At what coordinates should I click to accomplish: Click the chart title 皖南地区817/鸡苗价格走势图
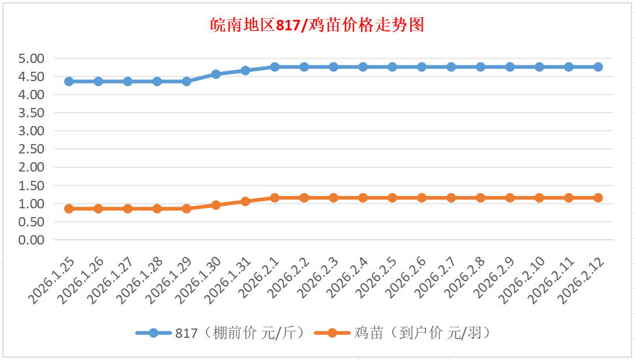click(x=317, y=26)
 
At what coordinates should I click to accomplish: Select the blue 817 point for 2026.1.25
click(x=69, y=81)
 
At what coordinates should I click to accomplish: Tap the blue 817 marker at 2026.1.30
click(x=216, y=74)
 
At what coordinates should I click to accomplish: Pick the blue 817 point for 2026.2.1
click(x=275, y=67)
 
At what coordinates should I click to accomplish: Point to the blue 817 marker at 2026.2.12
click(x=598, y=67)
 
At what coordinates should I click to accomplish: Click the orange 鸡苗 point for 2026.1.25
click(x=69, y=208)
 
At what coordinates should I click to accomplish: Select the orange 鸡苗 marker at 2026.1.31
click(x=245, y=201)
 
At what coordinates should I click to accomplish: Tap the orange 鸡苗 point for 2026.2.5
click(x=392, y=198)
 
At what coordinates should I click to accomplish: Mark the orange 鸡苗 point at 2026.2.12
click(x=598, y=198)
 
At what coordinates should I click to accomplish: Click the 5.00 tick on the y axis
click(x=32, y=58)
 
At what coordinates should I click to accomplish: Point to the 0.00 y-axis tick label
click(x=32, y=240)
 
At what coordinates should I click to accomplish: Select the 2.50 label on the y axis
click(x=32, y=149)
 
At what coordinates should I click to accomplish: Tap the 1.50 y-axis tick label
click(x=32, y=186)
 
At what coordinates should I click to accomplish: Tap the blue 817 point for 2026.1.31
click(x=245, y=71)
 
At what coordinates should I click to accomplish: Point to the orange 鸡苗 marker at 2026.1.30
click(x=216, y=205)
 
